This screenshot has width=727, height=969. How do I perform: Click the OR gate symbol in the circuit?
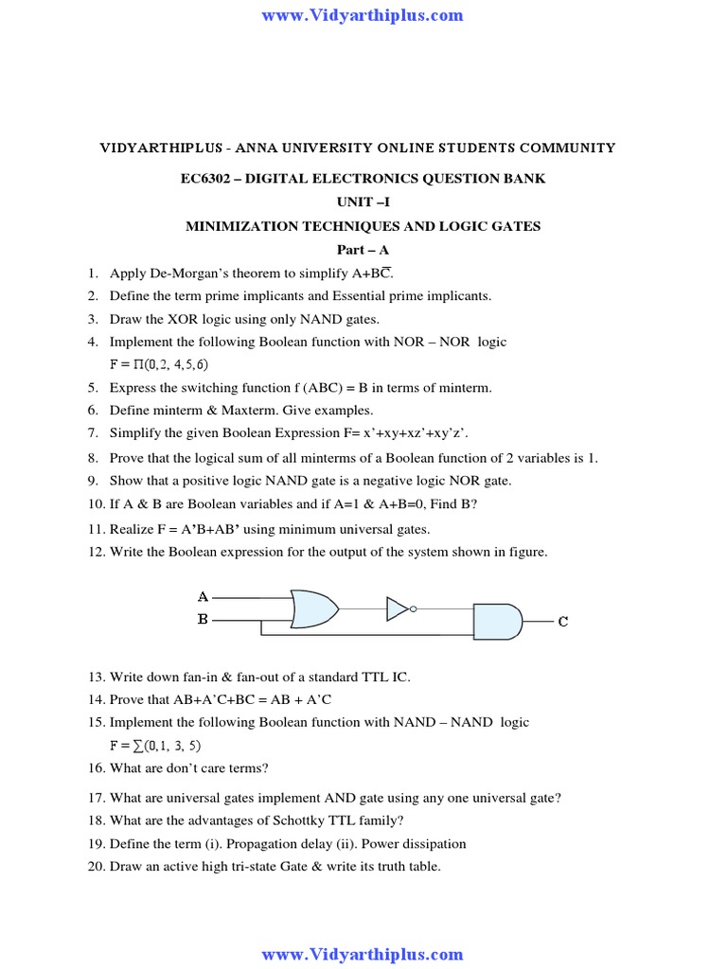click(314, 608)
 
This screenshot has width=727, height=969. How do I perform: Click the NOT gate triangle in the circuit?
click(398, 608)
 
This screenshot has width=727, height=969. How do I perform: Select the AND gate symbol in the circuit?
click(496, 621)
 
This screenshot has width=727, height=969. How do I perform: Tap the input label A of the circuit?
click(203, 597)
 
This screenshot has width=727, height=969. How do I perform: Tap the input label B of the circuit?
click(203, 620)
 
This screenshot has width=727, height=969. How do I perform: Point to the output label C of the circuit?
click(563, 622)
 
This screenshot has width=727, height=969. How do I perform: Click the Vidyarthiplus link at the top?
click(363, 14)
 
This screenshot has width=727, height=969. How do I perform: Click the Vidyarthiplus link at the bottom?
click(363, 954)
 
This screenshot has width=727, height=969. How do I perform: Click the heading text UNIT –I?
click(363, 202)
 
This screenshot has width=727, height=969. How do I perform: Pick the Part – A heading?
click(363, 250)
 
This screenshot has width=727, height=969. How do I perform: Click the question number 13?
click(96, 677)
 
